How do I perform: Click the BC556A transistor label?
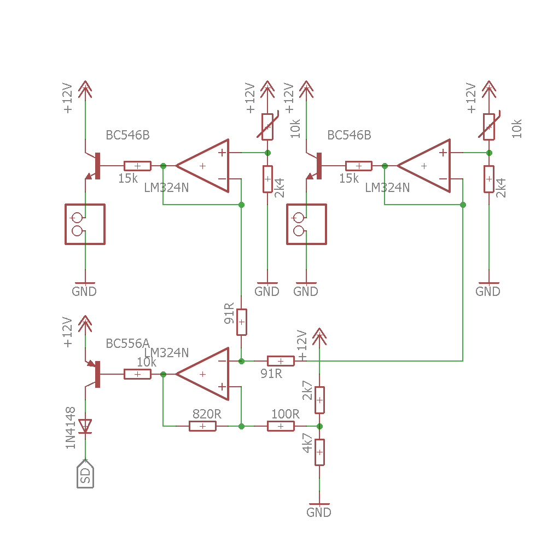point(127,344)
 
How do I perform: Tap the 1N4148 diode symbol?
point(85,426)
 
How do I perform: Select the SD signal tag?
point(85,474)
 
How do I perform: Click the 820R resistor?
point(202,426)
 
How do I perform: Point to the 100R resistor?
point(281,426)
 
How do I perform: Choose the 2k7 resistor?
point(319,400)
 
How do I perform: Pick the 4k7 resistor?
point(319,452)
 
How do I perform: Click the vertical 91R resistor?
point(241,322)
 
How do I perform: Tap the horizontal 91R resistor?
point(281,361)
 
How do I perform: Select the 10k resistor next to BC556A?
point(137,374)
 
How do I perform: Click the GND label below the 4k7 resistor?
point(319,513)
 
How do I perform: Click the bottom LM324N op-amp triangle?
point(202,374)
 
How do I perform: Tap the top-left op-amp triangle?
point(202,166)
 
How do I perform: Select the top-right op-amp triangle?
point(424,166)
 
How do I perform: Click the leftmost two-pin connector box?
point(85,224)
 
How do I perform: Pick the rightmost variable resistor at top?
point(489,127)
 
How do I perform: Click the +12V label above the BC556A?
point(68,332)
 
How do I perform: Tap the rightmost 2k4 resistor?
point(489,179)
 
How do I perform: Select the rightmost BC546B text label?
point(349,135)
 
